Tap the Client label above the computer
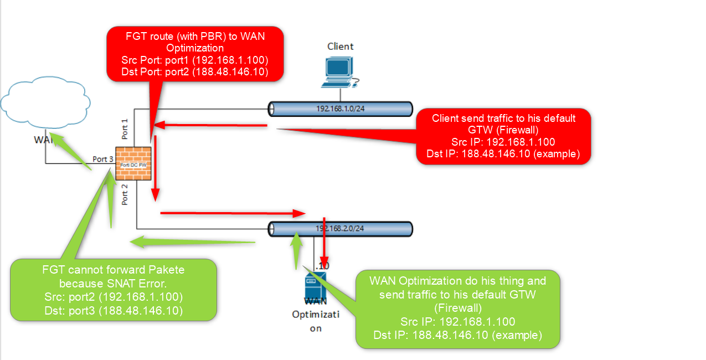(x=340, y=46)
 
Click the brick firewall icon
(x=133, y=163)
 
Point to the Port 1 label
(x=125, y=128)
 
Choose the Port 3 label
(x=103, y=159)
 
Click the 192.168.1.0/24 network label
(x=340, y=109)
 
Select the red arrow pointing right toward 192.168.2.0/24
(x=233, y=213)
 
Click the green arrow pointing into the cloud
(x=70, y=150)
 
